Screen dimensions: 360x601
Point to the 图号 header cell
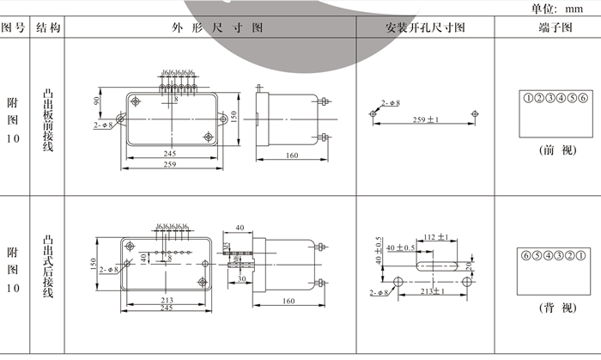(14, 28)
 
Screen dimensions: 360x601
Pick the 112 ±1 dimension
(437, 237)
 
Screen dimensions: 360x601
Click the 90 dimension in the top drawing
(97, 101)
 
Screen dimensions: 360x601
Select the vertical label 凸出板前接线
(48, 119)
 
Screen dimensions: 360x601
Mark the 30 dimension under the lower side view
(243, 278)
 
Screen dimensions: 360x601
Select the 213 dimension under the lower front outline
(167, 300)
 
